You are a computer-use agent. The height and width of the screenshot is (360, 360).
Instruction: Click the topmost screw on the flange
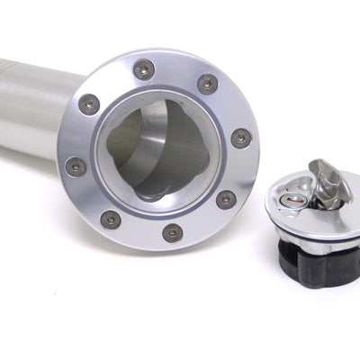pos(143,69)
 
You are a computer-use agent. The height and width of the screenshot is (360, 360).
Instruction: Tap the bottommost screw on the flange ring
pos(172,232)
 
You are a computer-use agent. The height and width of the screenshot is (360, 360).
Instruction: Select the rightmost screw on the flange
pos(241,138)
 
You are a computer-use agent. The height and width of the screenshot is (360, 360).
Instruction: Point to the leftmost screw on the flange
pos(76,166)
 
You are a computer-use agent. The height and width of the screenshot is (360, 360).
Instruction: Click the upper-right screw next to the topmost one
pos(207,84)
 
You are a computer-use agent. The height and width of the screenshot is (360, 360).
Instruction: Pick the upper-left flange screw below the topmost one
pos(88,103)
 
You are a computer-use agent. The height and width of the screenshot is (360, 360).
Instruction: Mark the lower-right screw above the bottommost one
pos(226,199)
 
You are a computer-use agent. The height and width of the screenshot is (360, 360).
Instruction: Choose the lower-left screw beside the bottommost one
pos(111,219)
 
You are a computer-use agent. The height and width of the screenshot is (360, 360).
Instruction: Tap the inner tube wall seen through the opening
pos(135,144)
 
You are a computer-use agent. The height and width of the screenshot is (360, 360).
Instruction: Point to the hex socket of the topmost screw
pos(143,69)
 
